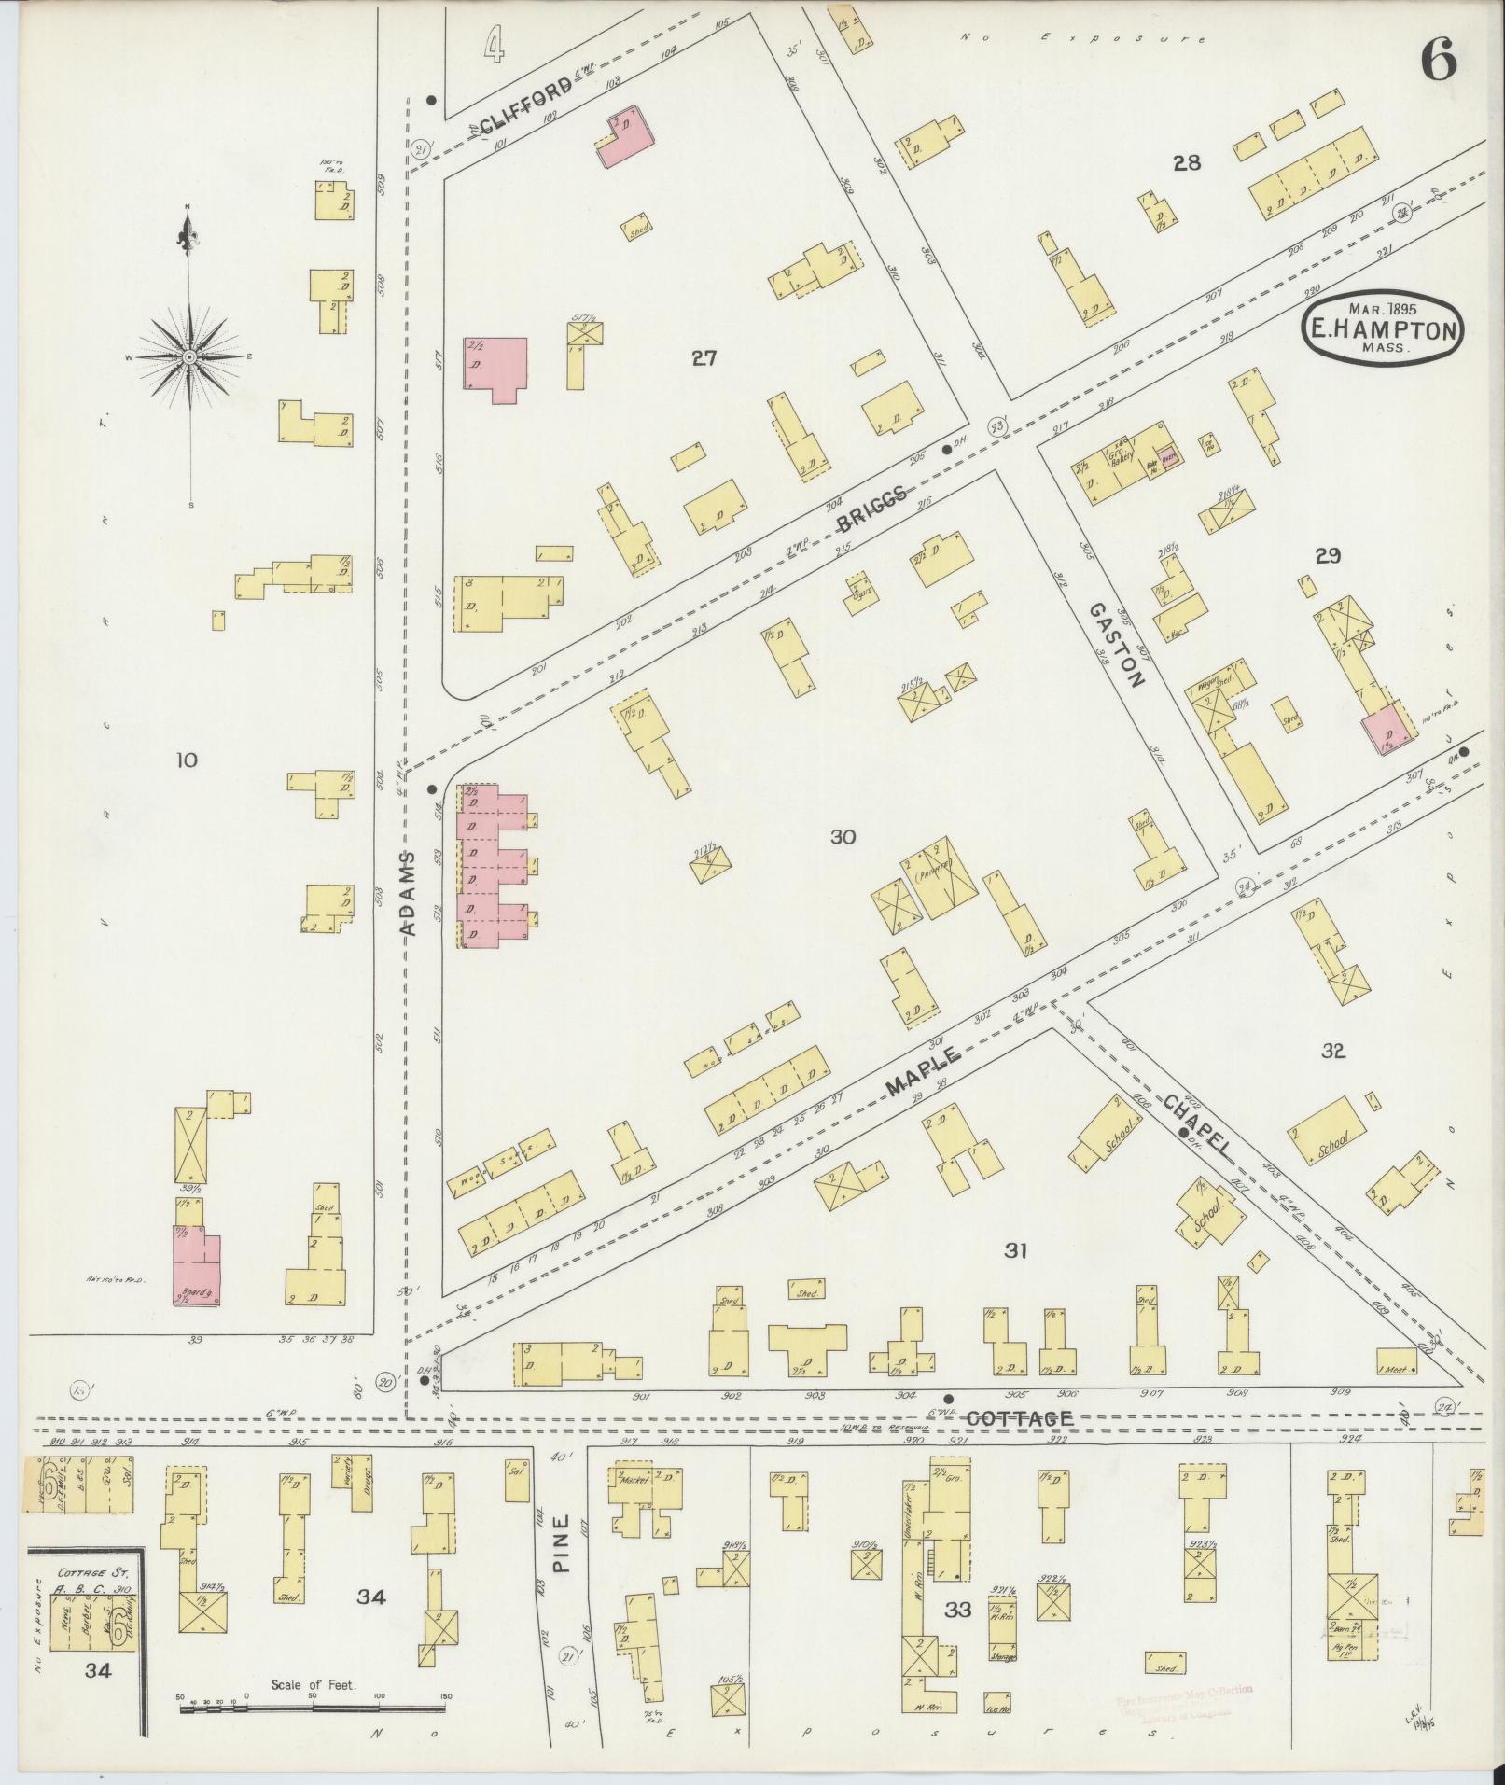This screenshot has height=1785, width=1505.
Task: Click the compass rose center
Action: click(189, 356)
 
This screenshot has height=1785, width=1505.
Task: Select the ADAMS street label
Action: click(408, 893)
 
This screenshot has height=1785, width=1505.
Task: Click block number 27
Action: click(704, 356)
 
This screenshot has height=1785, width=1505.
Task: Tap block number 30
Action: click(843, 837)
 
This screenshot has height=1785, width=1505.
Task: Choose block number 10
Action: click(187, 760)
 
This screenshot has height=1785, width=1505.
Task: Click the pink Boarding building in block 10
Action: click(196, 1268)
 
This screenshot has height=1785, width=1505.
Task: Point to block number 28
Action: click(1186, 163)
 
